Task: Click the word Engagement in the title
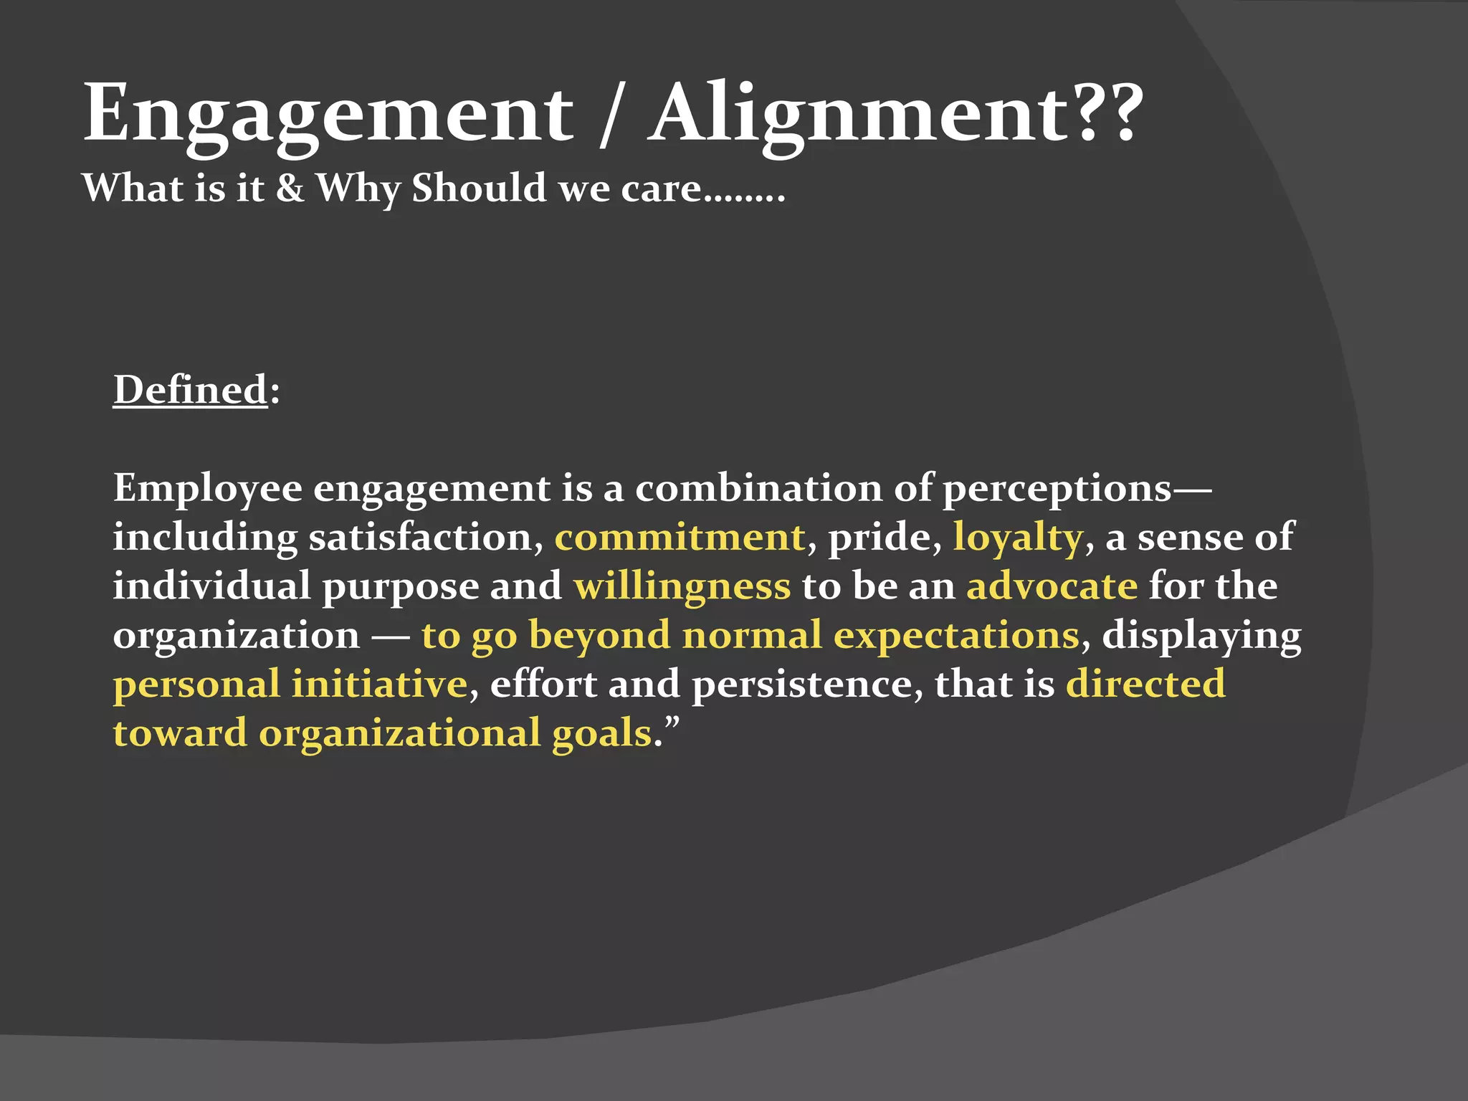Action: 328,115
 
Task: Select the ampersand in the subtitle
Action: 290,189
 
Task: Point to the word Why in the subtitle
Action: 358,189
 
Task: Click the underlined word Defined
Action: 190,390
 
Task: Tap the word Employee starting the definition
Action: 207,489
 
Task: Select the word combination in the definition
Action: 758,489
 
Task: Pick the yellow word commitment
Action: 680,538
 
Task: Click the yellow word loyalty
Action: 1017,538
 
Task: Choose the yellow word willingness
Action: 682,586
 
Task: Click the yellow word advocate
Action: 1052,586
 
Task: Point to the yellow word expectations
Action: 956,636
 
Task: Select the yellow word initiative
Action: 379,684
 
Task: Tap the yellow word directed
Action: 1145,684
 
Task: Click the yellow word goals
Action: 601,733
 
